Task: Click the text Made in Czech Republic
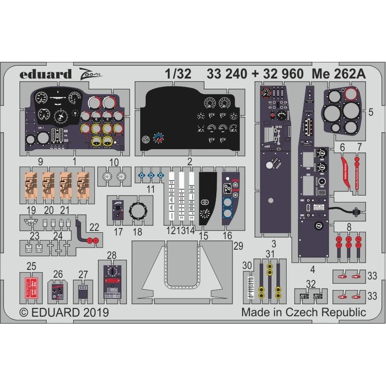pyautogui.click(x=303, y=312)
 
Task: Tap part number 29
pyautogui.click(x=237, y=246)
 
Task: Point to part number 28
pyautogui.click(x=112, y=254)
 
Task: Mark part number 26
pyautogui.click(x=58, y=275)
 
